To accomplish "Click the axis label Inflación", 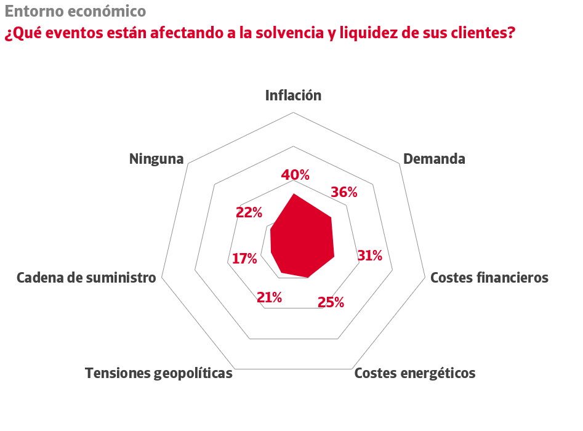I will coord(294,95).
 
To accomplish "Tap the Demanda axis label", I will coord(434,159).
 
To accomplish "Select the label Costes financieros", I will coord(489,278).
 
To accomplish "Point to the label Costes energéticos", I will coord(415,373).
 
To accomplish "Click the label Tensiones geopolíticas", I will coord(159,373).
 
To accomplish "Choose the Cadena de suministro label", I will coord(86,278).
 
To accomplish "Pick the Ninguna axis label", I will coord(156,159).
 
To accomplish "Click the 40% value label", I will coord(296,175).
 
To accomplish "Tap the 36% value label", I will coord(344,192).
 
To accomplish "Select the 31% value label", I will coord(370,256).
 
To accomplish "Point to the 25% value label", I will coord(331,302).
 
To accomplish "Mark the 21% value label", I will coord(270,298).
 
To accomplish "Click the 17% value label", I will coord(244,259).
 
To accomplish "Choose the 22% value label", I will coord(249,213).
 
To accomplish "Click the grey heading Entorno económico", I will coord(75,11).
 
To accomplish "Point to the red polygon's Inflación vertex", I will coord(294,194).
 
